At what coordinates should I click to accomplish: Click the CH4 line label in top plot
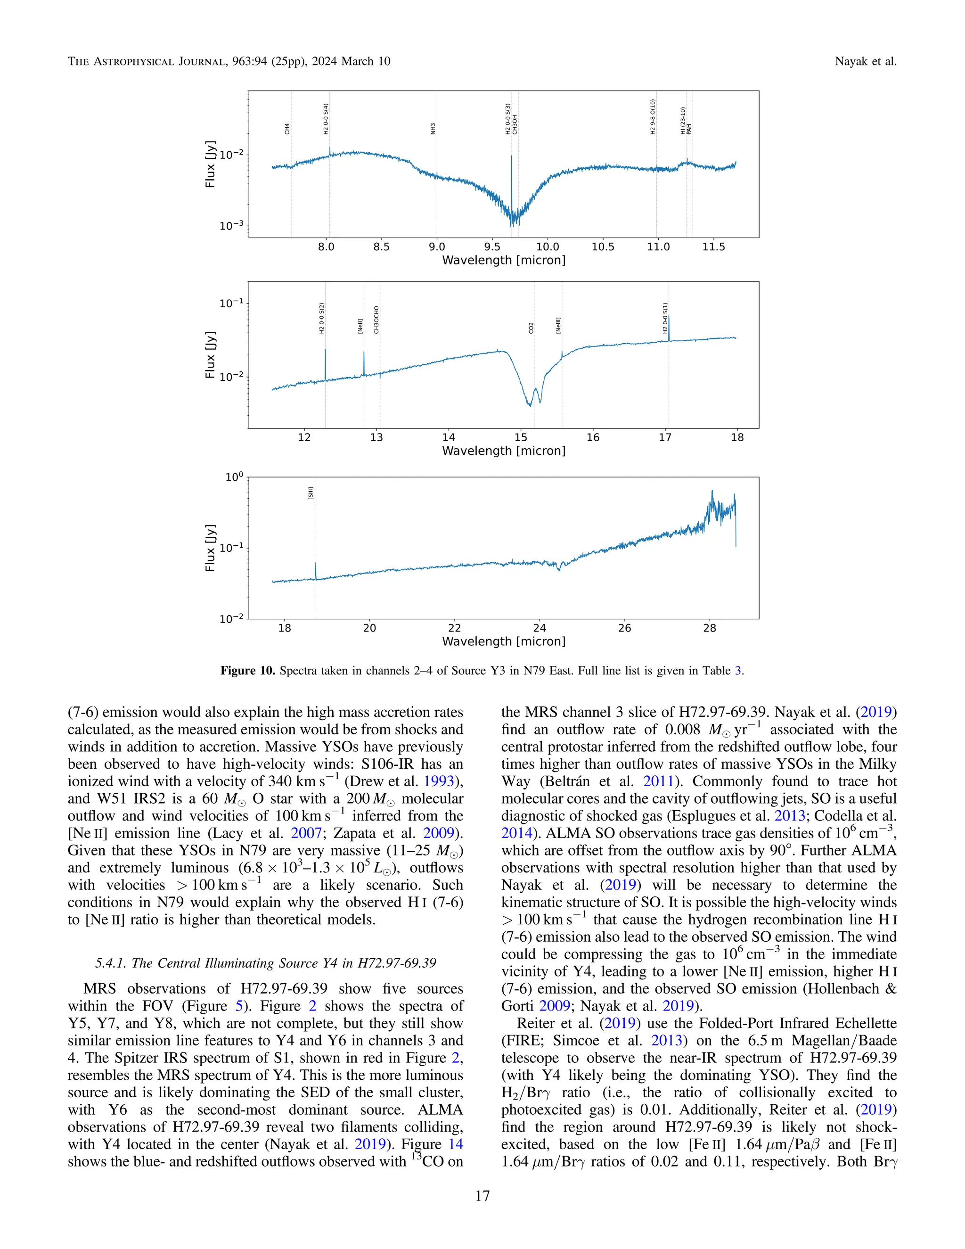click(287, 129)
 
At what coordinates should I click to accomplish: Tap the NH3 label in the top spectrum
click(433, 129)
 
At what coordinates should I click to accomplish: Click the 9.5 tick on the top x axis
click(492, 247)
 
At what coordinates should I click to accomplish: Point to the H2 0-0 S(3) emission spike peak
click(511, 156)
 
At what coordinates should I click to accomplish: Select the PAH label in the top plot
click(689, 129)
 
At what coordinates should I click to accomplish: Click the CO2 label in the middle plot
click(531, 328)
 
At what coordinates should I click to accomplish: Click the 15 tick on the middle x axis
click(521, 437)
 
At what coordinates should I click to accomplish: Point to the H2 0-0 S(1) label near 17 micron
click(665, 318)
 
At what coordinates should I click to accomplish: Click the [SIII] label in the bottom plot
click(311, 493)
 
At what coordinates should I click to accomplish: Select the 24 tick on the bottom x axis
click(540, 628)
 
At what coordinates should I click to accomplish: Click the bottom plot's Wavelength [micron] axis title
click(504, 641)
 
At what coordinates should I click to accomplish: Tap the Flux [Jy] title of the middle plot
click(210, 354)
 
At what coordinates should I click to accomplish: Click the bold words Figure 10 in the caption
click(247, 670)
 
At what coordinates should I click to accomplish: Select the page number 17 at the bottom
click(482, 1195)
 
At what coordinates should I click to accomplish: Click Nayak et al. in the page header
click(866, 61)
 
